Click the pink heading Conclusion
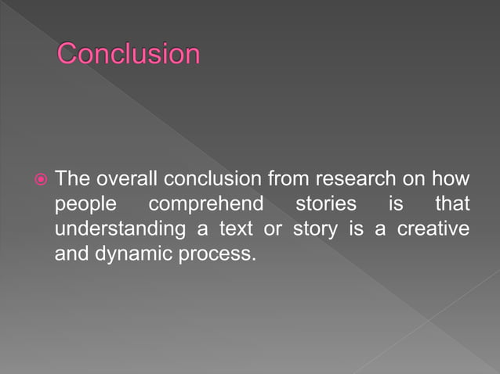coord(129,55)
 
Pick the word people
coord(85,205)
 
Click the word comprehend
coord(205,205)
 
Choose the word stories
coord(325,205)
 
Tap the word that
coord(453,205)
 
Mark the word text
coord(235,230)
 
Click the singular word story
coord(317,230)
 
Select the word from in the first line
coord(289,179)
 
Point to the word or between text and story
coord(274,230)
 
